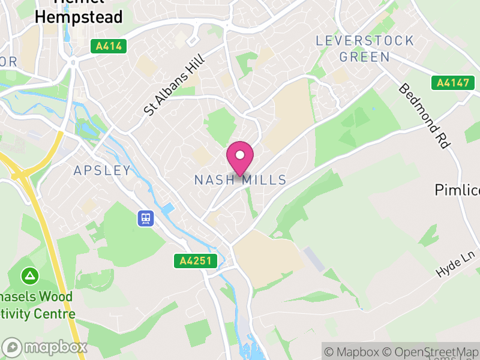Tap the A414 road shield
[109, 46]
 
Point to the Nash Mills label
[240, 181]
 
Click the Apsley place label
[102, 170]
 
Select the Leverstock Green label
[365, 49]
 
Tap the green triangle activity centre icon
[29, 277]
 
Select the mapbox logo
[45, 347]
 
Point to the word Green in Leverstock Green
[365, 58]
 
